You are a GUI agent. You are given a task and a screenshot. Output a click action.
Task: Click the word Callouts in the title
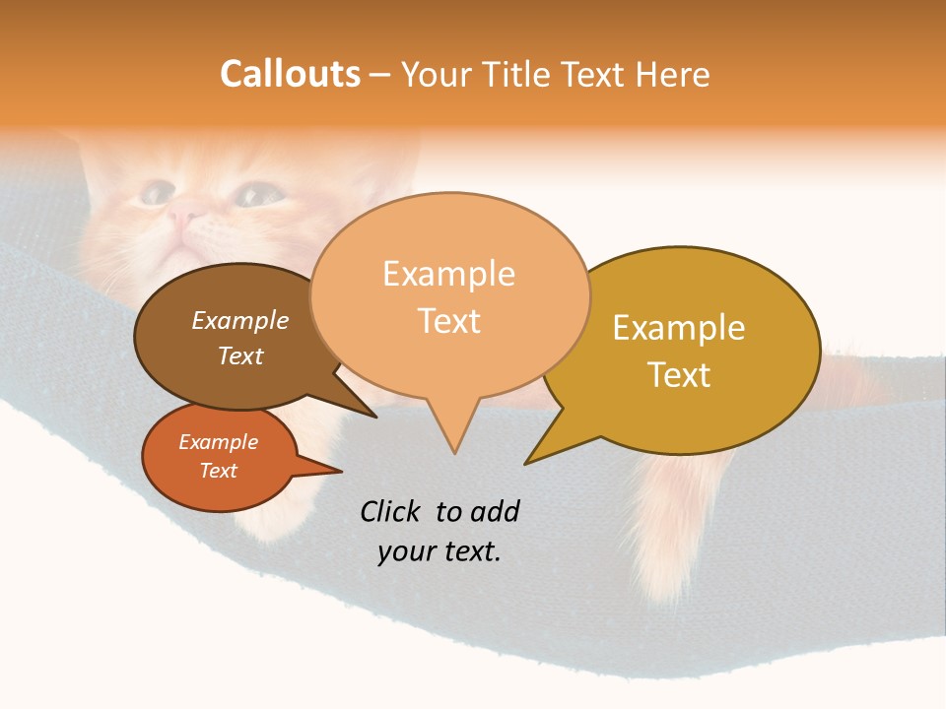[x=290, y=74]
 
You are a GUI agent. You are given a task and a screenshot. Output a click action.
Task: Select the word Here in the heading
[x=673, y=75]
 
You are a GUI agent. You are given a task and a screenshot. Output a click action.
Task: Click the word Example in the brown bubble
[x=240, y=321]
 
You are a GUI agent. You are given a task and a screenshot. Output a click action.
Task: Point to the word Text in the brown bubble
[x=240, y=355]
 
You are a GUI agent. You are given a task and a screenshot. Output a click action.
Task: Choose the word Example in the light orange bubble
[x=449, y=274]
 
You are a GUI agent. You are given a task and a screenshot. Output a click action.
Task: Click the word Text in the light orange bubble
[x=449, y=321]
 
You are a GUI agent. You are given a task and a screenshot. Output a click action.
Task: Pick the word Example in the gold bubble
[x=679, y=328]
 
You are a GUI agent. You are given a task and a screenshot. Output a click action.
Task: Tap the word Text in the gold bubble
[x=679, y=375]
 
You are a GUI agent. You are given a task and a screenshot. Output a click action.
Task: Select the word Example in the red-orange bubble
[x=219, y=442]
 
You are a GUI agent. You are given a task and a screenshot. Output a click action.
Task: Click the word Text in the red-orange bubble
[x=219, y=471]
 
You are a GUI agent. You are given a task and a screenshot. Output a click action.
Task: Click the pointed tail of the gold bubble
[x=528, y=462]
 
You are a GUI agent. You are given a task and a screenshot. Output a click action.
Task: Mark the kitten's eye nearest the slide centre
[x=259, y=195]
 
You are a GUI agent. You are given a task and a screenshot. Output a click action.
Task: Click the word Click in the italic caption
[x=393, y=512]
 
